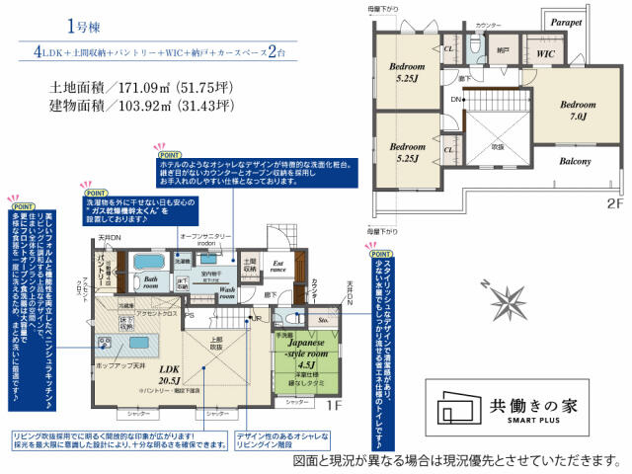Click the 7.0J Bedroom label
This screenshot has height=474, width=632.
click(x=578, y=110)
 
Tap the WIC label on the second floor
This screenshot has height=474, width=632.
click(x=544, y=53)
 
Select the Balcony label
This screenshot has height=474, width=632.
click(x=574, y=161)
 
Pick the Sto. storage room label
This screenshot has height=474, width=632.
click(x=322, y=320)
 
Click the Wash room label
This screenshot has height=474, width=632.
click(x=227, y=292)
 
